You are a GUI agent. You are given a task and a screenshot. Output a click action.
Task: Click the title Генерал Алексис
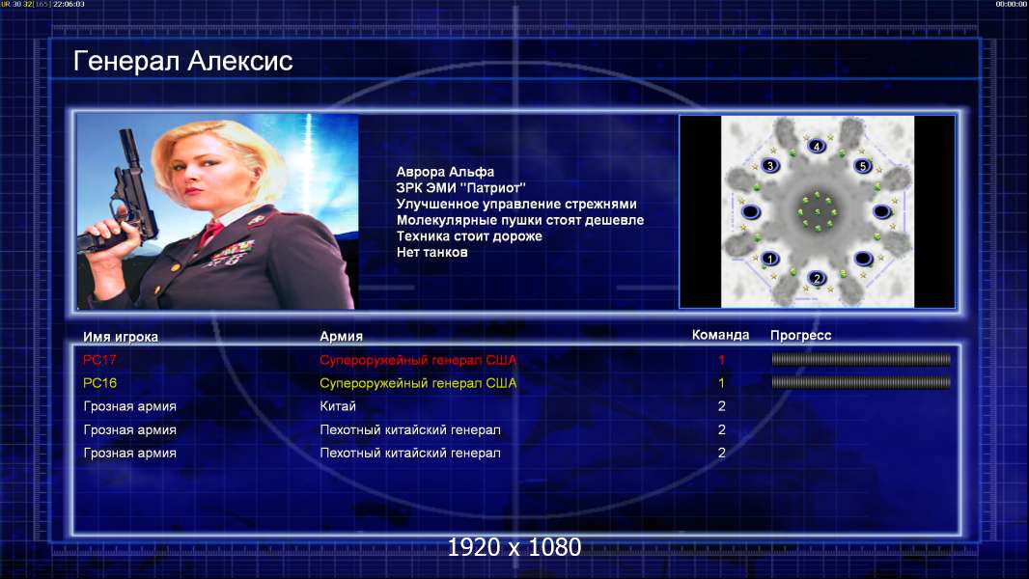click(183, 61)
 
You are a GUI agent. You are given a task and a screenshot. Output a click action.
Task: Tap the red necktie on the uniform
click(210, 233)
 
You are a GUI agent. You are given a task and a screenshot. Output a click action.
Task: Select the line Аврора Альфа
click(445, 172)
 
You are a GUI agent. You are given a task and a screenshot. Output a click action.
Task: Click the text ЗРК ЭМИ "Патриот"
click(460, 188)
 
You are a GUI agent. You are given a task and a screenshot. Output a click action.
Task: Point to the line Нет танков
click(431, 253)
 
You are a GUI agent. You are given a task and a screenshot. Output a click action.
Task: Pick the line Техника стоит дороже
click(469, 236)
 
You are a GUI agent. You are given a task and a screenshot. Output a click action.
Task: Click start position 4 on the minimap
click(817, 147)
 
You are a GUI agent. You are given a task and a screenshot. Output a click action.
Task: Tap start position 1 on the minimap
click(769, 259)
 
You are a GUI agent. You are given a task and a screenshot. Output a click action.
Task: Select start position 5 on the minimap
click(863, 166)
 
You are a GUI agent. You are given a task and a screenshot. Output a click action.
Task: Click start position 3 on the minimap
click(769, 166)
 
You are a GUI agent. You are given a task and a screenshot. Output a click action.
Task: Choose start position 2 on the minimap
click(817, 278)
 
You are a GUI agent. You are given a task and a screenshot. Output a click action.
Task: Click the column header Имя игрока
click(121, 337)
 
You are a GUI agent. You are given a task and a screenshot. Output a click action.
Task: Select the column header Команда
click(720, 335)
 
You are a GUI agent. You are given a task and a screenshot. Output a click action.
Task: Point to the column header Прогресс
click(800, 336)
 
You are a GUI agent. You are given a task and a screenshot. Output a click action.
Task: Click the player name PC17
click(99, 360)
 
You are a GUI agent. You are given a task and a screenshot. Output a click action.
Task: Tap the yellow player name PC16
click(99, 383)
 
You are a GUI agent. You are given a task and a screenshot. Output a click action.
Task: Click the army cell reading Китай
click(338, 406)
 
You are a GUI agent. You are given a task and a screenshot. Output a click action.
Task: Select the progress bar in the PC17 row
click(861, 359)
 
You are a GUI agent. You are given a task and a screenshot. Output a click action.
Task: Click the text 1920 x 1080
click(514, 547)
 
